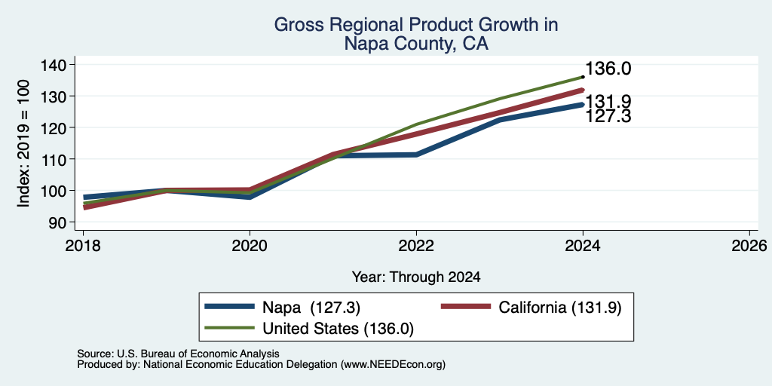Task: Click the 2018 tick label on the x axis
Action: coord(83,245)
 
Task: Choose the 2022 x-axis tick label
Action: coord(416,245)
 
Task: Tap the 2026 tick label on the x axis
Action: coord(749,245)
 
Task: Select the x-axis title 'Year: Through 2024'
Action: coord(416,277)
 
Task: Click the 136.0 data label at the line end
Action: coord(608,69)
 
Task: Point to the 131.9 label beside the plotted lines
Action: coord(608,102)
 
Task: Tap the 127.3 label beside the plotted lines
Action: coord(608,117)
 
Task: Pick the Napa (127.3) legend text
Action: coord(311,308)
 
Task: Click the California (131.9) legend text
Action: coord(560,308)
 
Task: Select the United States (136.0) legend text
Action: coord(339,329)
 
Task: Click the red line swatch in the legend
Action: coord(466,307)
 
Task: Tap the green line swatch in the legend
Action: coord(230,328)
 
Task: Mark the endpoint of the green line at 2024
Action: coord(583,77)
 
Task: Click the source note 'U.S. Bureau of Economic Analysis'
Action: coord(198,354)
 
